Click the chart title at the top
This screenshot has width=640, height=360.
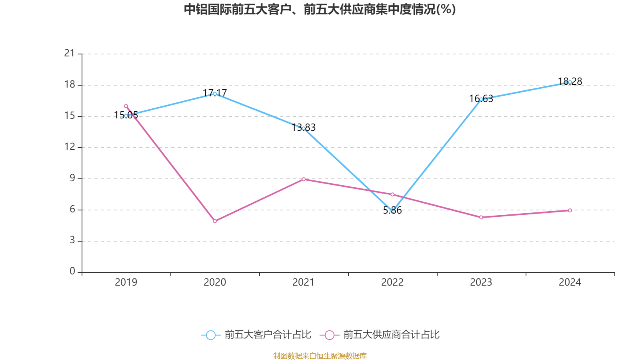320,9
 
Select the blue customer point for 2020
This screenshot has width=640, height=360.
215,94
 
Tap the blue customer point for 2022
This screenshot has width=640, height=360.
392,211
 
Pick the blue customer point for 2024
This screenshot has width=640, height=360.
570,82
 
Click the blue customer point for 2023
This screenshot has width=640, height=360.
481,99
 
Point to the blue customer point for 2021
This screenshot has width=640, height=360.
304,128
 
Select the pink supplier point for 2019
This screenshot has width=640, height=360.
126,106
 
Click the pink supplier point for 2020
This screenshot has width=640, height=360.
215,221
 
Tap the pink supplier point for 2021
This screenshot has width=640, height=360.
304,179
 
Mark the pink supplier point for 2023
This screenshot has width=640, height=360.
481,217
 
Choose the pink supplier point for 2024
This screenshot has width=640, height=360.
570,210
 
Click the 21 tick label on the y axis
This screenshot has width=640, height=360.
70,53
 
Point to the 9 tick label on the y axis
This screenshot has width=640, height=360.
72,178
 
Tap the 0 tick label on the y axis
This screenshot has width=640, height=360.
72,272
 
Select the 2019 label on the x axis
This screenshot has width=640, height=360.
126,282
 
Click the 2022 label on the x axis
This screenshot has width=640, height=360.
392,282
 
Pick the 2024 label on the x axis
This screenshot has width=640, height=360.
570,282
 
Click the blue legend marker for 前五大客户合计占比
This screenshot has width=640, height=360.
210,335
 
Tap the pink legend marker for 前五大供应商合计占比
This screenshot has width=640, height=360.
329,335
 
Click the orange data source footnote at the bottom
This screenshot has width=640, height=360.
320,356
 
